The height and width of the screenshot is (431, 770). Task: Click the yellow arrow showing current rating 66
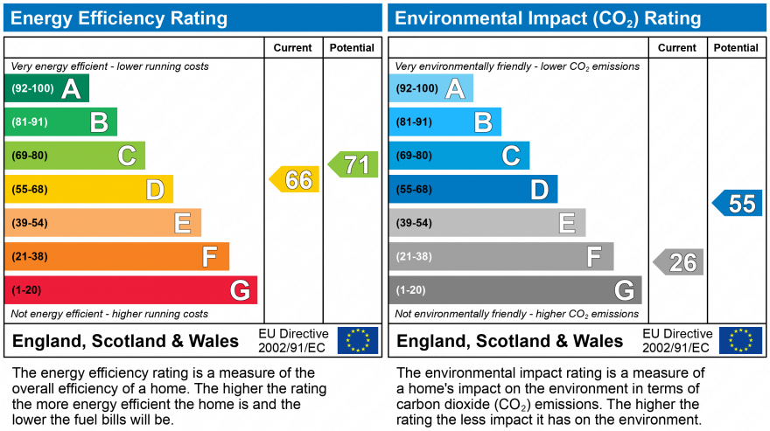tap(295, 179)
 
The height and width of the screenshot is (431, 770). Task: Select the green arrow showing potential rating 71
tap(353, 164)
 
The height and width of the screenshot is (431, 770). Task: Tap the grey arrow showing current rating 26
tap(679, 261)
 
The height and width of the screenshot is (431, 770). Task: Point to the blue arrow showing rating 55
tap(738, 203)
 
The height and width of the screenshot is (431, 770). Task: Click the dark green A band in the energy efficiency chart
tap(47, 88)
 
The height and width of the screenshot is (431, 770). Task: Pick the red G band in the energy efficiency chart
tap(131, 289)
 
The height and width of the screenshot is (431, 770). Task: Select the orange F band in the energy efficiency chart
tap(117, 256)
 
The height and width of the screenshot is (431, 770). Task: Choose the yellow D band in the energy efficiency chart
tap(89, 189)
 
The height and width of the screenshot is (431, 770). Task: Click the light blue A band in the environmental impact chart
tap(431, 88)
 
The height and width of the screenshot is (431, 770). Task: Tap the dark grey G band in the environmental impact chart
tap(515, 289)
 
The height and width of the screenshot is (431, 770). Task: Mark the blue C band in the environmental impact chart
tap(459, 156)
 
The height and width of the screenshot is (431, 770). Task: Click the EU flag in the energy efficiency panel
tap(358, 340)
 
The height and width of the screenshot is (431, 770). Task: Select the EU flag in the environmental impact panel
tap(740, 340)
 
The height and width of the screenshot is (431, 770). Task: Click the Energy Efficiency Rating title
tap(121, 18)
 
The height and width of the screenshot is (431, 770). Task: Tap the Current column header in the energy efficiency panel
tap(293, 48)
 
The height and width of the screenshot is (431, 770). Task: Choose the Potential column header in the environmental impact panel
tap(736, 48)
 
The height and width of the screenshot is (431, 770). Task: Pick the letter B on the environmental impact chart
tap(482, 122)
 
